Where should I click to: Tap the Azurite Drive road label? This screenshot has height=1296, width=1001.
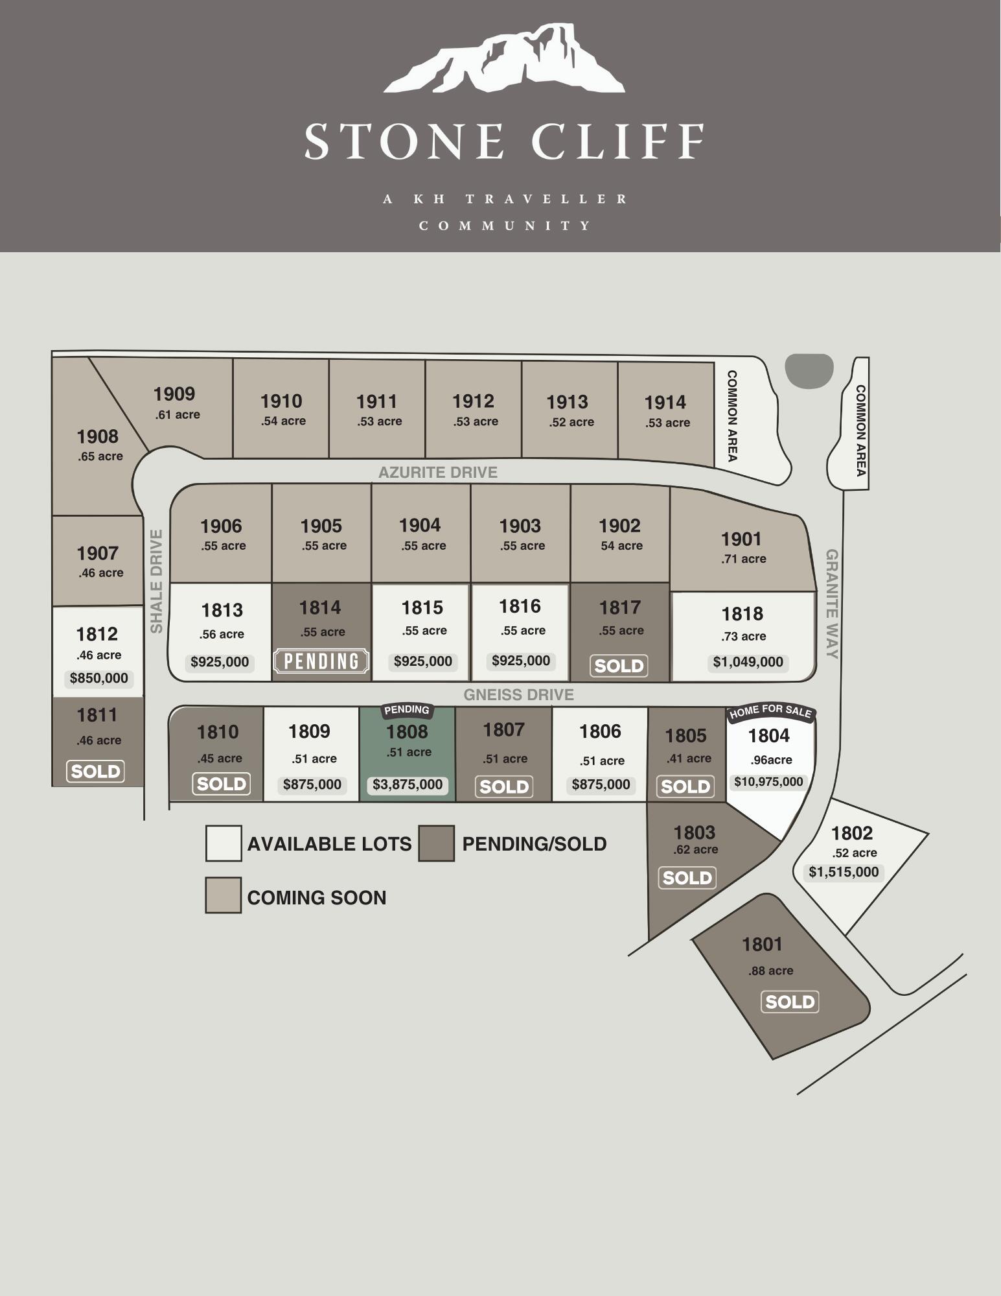tap(438, 473)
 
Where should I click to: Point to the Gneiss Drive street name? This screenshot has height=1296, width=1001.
tap(518, 695)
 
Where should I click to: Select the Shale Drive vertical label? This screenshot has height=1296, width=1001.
tap(156, 582)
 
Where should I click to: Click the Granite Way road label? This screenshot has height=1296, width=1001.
tap(832, 604)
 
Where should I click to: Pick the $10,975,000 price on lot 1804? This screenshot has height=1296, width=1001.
tap(768, 782)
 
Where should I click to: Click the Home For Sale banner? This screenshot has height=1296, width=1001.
tap(770, 712)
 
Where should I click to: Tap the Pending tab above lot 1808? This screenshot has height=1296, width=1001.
tap(407, 710)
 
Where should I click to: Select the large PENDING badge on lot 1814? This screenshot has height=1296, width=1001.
tap(321, 661)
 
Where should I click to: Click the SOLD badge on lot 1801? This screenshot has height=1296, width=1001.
tap(790, 1002)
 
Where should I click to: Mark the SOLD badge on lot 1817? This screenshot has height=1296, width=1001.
tap(619, 666)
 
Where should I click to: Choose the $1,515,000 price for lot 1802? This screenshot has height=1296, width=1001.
tap(844, 872)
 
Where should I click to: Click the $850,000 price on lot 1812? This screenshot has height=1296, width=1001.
tap(99, 679)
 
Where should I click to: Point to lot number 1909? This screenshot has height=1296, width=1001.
tap(174, 394)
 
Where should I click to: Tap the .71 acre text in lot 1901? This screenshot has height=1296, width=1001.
tap(744, 559)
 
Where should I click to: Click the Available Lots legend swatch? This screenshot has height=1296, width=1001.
tap(224, 843)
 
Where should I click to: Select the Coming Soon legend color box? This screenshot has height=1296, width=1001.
tap(224, 895)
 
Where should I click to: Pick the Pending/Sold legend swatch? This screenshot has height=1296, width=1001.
tap(436, 843)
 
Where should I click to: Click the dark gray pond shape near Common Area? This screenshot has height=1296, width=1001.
tap(809, 371)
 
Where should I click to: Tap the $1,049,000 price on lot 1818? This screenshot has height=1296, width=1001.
tap(748, 662)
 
